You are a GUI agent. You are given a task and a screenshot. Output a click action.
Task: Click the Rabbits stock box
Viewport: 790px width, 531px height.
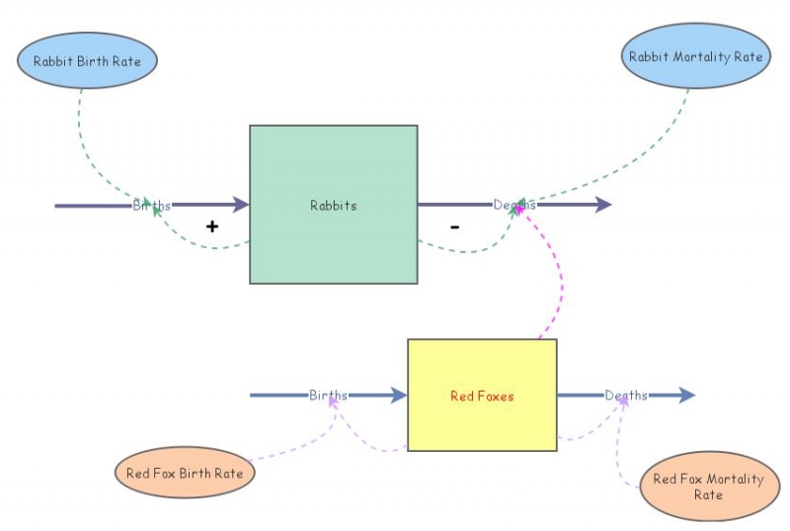tap(333, 205)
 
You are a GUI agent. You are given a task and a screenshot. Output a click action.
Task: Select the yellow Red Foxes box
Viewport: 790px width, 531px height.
tap(482, 396)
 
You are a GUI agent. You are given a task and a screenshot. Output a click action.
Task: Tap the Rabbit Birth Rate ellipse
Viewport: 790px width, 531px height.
tap(87, 61)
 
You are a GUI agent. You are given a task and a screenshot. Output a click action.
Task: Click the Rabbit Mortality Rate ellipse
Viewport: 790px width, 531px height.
tap(696, 56)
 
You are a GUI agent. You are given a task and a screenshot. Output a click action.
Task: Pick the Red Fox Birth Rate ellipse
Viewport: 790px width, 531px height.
tap(185, 473)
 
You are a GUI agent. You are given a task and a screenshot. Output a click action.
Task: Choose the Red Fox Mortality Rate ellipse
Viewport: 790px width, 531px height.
tap(708, 487)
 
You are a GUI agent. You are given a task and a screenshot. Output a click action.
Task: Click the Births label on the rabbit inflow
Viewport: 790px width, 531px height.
tap(152, 206)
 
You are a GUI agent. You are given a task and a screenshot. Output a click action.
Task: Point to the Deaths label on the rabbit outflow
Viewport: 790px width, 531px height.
tap(514, 205)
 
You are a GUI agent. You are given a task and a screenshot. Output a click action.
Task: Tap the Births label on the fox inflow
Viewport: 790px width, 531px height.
tap(328, 396)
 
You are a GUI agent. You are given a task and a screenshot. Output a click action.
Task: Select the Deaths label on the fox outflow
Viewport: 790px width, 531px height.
tap(626, 396)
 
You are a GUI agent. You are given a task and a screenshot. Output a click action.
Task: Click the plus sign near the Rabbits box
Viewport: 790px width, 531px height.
tap(211, 226)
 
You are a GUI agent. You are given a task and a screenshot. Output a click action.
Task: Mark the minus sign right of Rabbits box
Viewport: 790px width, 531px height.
tap(454, 226)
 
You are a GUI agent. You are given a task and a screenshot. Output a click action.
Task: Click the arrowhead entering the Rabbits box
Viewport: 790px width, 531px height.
tap(240, 205)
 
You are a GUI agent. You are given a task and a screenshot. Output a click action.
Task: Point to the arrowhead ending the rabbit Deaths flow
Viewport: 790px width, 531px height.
tap(603, 205)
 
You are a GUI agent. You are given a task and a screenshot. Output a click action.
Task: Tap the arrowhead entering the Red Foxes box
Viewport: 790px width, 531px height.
tap(398, 396)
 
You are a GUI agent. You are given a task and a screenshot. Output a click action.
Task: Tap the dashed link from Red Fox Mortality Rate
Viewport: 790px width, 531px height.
tap(619, 455)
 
